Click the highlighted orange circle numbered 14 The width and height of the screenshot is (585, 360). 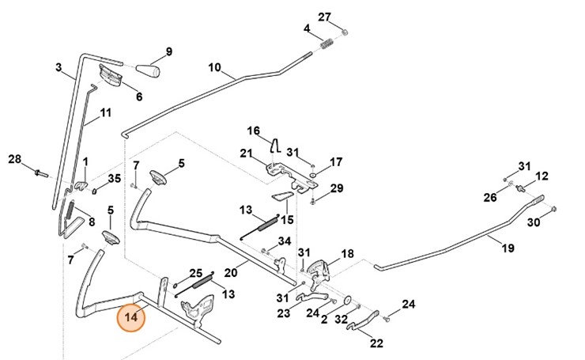(x=130, y=318)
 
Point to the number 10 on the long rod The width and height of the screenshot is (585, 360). (x=215, y=68)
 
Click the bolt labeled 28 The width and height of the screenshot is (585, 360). (x=40, y=170)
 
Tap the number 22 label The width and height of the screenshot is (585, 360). (x=376, y=343)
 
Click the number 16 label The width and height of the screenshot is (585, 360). (x=254, y=131)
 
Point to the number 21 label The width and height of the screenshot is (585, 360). (x=246, y=153)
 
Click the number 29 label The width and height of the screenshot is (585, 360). (x=336, y=188)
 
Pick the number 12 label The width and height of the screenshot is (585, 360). (x=542, y=176)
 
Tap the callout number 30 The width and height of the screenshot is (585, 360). (x=534, y=222)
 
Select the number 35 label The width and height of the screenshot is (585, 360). (x=115, y=178)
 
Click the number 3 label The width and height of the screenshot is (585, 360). (x=59, y=68)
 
